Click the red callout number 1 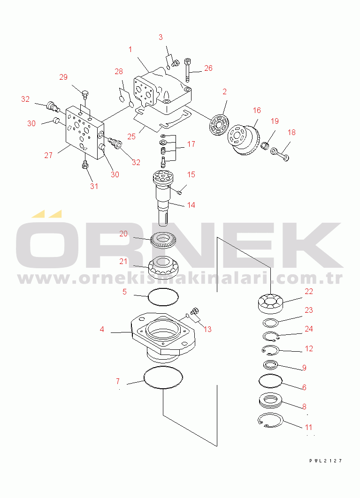(130, 50)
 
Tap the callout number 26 (208, 68)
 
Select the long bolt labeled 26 (188, 69)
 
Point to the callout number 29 (63, 77)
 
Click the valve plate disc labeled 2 (219, 127)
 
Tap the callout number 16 (257, 110)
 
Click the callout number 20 (123, 234)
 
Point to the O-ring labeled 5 (163, 297)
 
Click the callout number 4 (102, 329)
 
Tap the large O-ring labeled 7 (163, 377)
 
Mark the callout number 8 (304, 407)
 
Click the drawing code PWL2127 (326, 461)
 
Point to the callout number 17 (191, 144)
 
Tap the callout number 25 (131, 136)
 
